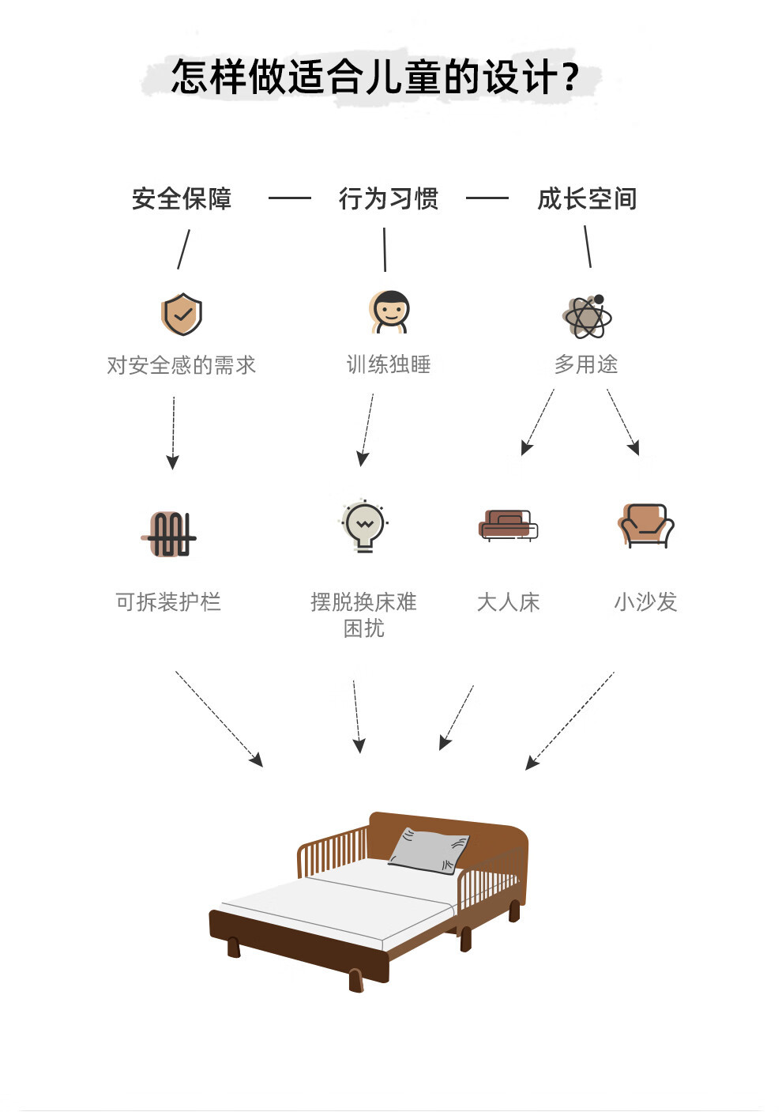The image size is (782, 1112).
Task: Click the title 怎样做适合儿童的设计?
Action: coord(375,77)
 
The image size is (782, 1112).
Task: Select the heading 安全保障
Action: coord(182,198)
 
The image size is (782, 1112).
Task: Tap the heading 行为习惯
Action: coord(389,198)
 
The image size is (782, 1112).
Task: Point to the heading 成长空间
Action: coord(587,198)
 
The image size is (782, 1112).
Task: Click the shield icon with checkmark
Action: coord(182,315)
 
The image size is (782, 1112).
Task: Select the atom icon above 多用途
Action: coord(588,317)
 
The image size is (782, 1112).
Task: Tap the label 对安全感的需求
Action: coord(182,365)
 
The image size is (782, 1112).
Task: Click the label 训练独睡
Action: coord(389,364)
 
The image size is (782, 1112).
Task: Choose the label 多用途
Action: coord(586,364)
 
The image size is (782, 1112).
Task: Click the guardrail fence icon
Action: coord(171,534)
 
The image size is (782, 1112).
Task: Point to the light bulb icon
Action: coord(364,526)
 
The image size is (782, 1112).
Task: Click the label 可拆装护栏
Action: coord(168,602)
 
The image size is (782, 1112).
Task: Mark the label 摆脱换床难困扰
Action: coord(364,615)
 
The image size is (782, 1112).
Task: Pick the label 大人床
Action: coord(508,602)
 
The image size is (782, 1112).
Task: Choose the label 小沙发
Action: coord(645,602)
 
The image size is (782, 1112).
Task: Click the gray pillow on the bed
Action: coord(428,850)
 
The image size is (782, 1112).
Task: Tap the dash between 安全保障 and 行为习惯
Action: coord(289,198)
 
